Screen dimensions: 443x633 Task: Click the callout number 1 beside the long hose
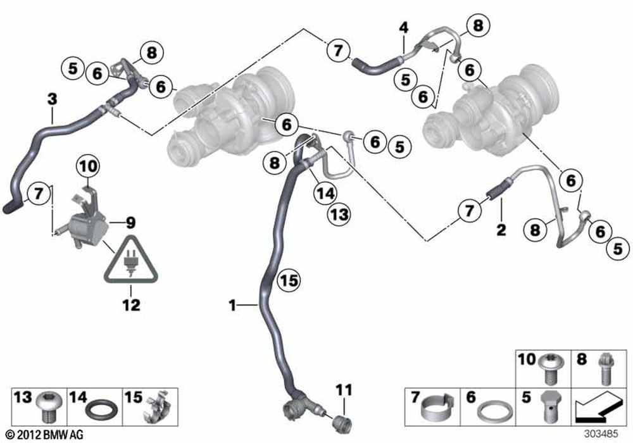click(x=232, y=306)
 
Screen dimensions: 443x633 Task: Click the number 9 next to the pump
click(x=130, y=222)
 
